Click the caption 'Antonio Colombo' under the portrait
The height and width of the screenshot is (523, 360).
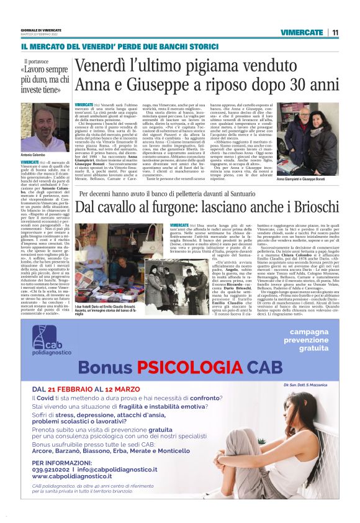(x=34, y=155)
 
